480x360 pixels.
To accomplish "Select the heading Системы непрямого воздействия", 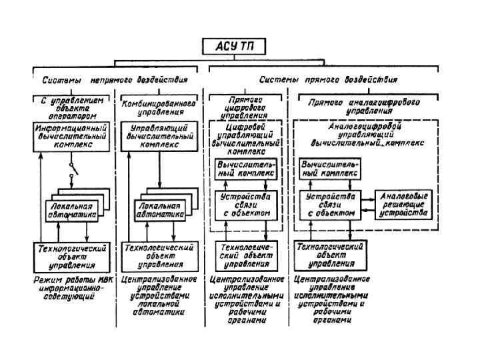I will [115, 79].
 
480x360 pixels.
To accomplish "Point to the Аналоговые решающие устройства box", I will [403, 205].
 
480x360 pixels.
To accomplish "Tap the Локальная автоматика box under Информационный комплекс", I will [71, 210].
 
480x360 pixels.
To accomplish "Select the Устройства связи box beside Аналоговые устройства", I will [329, 205].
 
